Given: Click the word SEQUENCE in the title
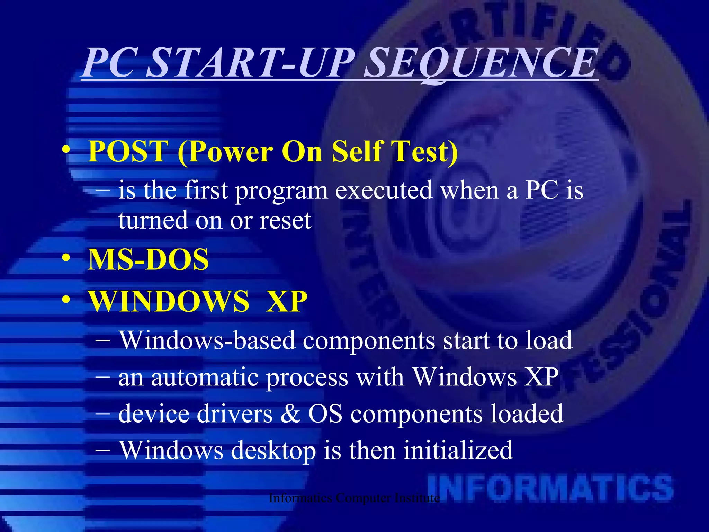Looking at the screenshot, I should coord(481,63).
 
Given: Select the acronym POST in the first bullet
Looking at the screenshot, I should coord(128,151).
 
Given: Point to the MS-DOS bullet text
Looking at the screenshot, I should coord(148,259).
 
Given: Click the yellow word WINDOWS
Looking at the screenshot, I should coord(169,301).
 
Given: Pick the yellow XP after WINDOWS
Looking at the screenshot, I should coord(287,301).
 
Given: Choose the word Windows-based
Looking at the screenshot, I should coord(207,340).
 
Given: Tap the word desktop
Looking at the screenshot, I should coord(273,450).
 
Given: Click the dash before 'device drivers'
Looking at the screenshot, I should coord(102,413).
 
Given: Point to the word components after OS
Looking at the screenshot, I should coord(416,414).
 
